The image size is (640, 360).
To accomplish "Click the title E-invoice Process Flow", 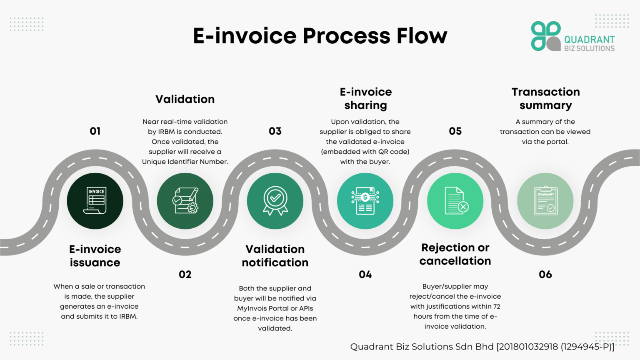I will [x=320, y=36].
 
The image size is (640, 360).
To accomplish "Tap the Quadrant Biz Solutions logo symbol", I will [x=545, y=36].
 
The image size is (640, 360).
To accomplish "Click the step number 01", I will [x=95, y=131].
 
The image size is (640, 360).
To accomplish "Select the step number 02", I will [x=185, y=275].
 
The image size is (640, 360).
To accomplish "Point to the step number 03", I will [x=275, y=131].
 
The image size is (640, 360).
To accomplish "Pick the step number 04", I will [x=365, y=275].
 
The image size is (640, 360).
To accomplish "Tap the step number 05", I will [x=455, y=131].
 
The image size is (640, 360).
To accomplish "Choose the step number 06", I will [x=545, y=275].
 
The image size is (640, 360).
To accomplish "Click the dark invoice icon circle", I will [x=95, y=201].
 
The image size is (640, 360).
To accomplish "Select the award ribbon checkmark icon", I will [x=275, y=201].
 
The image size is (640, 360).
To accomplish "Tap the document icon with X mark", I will [x=455, y=201].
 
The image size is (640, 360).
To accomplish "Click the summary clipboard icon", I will [x=545, y=201].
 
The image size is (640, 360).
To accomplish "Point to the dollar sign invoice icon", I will [x=365, y=201].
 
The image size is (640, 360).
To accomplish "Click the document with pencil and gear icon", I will [x=185, y=201].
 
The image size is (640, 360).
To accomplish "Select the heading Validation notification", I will [x=275, y=256].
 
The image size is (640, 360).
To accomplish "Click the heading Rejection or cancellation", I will [x=455, y=254].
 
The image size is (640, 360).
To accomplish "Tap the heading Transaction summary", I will [x=545, y=98].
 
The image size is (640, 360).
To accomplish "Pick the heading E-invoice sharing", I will [x=365, y=98].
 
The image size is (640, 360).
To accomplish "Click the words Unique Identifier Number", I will [x=185, y=162].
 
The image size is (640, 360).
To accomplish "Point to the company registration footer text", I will [x=482, y=347].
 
